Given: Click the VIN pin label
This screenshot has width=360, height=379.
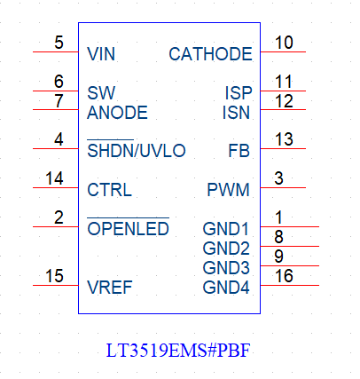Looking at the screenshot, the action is pyautogui.click(x=101, y=54).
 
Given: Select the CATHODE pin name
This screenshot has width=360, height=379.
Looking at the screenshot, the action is pyautogui.click(x=210, y=54).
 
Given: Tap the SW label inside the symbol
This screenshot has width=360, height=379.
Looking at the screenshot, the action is pyautogui.click(x=101, y=93).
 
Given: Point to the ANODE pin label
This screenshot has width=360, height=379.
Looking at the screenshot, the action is pyautogui.click(x=117, y=113).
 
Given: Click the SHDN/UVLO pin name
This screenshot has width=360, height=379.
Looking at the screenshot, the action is pyautogui.click(x=137, y=150).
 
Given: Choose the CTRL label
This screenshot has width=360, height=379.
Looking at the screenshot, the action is pyautogui.click(x=109, y=190).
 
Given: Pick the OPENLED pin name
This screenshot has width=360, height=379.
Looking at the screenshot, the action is pyautogui.click(x=128, y=228).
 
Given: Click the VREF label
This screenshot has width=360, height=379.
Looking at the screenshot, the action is pyautogui.click(x=110, y=288).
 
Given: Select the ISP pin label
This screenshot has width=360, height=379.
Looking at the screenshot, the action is pyautogui.click(x=239, y=93).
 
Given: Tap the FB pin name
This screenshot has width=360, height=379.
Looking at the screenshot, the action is pyautogui.click(x=239, y=151).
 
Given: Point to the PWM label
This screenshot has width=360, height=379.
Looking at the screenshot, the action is pyautogui.click(x=228, y=190).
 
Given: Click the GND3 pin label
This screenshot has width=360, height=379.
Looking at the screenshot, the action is pyautogui.click(x=226, y=268).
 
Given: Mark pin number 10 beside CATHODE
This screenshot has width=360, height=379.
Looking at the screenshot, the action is pyautogui.click(x=284, y=43).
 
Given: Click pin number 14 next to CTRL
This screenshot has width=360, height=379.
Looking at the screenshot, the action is pyautogui.click(x=54, y=178).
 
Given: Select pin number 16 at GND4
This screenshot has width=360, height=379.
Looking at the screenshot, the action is pyautogui.click(x=284, y=276).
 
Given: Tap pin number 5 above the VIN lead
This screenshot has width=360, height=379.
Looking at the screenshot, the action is pyautogui.click(x=59, y=43).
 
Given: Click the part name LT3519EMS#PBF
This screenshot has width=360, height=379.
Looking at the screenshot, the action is pyautogui.click(x=178, y=351).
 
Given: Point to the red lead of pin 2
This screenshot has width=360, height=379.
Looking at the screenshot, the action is pyautogui.click(x=56, y=226).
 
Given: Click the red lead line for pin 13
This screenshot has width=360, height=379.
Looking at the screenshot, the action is pyautogui.click(x=283, y=148).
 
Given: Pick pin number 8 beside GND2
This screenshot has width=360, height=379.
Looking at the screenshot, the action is pyautogui.click(x=278, y=237).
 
